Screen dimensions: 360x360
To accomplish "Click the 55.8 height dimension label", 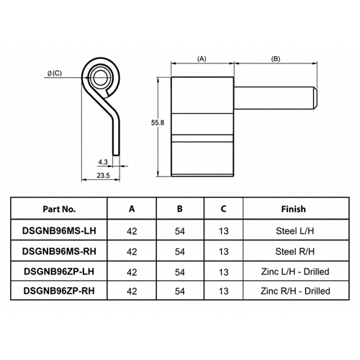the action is pyautogui.click(x=158, y=122).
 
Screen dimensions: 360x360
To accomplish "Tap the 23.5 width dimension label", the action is pyautogui.click(x=103, y=176).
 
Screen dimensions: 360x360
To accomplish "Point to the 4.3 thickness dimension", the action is pyautogui.click(x=103, y=162).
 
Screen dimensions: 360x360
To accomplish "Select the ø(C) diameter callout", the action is pyautogui.click(x=55, y=73).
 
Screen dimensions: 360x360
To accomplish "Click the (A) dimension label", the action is pyautogui.click(x=202, y=59).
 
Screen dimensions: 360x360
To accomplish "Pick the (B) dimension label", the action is pyautogui.click(x=276, y=59).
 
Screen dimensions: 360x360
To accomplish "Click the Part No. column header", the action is pyautogui.click(x=59, y=209).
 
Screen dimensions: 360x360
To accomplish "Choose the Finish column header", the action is pyautogui.click(x=294, y=209).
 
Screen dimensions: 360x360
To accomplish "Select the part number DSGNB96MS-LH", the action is pyautogui.click(x=59, y=230).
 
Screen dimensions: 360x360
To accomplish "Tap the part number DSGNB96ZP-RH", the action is pyautogui.click(x=59, y=291).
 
